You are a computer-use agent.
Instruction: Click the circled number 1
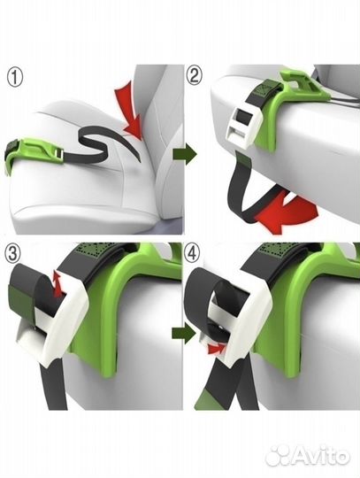coord(15,78)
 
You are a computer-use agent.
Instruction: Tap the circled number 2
coord(195,76)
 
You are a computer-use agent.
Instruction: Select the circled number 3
coord(12,254)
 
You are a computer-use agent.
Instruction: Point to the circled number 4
coord(192,254)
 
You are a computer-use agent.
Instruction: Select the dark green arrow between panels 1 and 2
coord(185,155)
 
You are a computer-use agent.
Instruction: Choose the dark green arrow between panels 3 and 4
coord(183,334)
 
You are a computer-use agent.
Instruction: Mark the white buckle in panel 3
coord(61,320)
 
